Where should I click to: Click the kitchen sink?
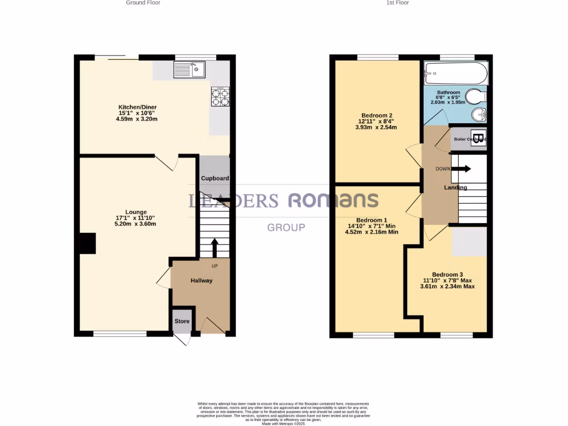pos(189,69)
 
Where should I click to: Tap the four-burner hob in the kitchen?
pos(220,97)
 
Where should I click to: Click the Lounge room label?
pos(136,212)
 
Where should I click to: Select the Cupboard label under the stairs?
pos(215,179)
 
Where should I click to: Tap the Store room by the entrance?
pos(182,321)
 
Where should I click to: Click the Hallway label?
pos(201,281)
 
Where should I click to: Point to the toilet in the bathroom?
pos(475,98)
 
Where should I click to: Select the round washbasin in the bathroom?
pos(479,115)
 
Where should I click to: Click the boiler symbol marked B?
pos(478,139)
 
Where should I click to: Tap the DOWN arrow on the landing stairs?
pos(464,169)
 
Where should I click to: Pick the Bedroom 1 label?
pos(372,219)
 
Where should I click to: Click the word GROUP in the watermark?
pos(286,227)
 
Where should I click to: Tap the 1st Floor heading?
pos(398,3)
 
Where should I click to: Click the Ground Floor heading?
pos(143,3)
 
